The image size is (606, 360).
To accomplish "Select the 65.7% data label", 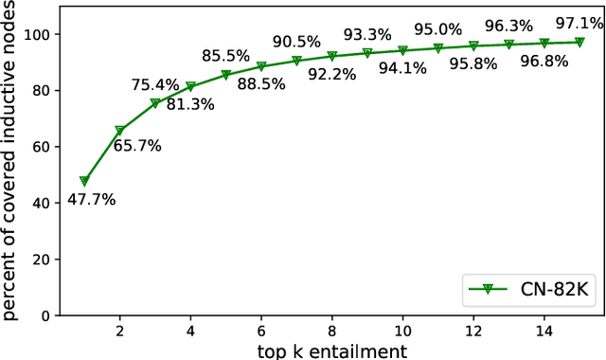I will coord(138,146).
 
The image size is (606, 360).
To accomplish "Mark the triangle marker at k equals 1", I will coord(84,181).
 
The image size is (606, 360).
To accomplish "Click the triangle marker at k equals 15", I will coord(579,42).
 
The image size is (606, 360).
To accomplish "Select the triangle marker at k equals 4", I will coord(190,86).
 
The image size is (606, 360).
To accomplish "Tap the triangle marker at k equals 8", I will coord(331,57).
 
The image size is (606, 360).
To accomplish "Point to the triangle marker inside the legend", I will coord(486,288).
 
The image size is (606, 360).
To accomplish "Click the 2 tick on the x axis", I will coord(119,333).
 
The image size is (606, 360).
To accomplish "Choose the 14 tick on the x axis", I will coord(544,333).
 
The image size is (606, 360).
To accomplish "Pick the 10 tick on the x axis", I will coord(402,333).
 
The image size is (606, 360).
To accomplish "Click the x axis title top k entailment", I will coord(331,351).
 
